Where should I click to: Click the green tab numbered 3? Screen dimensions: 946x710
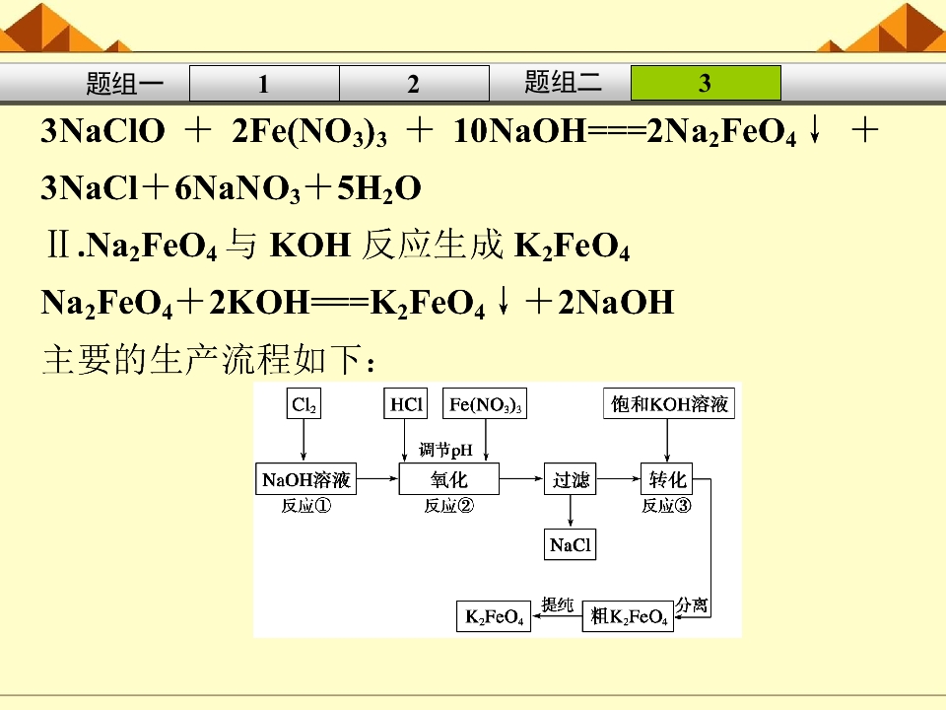pyautogui.click(x=706, y=83)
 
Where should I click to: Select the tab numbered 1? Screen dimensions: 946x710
pyautogui.click(x=264, y=83)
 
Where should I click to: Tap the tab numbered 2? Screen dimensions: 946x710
pyautogui.click(x=414, y=83)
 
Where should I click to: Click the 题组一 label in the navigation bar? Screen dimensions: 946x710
pyautogui.click(x=125, y=83)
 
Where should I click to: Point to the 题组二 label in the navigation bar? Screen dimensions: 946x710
pyautogui.click(x=563, y=82)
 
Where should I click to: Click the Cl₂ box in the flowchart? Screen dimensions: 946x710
pyautogui.click(x=304, y=404)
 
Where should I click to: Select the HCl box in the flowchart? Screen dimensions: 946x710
pyautogui.click(x=405, y=404)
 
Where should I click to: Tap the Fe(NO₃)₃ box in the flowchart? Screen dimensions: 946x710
pyautogui.click(x=485, y=404)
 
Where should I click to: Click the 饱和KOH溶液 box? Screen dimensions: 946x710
pyautogui.click(x=669, y=404)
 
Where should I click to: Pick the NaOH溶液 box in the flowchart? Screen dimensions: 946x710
pyautogui.click(x=305, y=479)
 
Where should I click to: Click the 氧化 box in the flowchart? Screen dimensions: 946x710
pyautogui.click(x=449, y=479)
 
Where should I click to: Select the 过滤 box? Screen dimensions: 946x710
pyautogui.click(x=571, y=479)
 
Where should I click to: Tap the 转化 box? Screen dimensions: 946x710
pyautogui.click(x=667, y=479)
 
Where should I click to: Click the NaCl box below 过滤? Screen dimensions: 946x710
pyautogui.click(x=571, y=544)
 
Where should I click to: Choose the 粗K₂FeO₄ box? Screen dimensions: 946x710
pyautogui.click(x=628, y=616)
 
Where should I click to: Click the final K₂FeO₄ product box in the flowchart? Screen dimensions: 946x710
pyautogui.click(x=494, y=616)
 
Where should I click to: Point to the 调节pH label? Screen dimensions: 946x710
pyautogui.click(x=445, y=450)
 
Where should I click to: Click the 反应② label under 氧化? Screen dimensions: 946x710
pyautogui.click(x=449, y=505)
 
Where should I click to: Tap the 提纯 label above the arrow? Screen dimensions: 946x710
pyautogui.click(x=557, y=603)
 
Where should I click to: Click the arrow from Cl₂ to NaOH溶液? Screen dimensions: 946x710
pyautogui.click(x=304, y=441)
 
